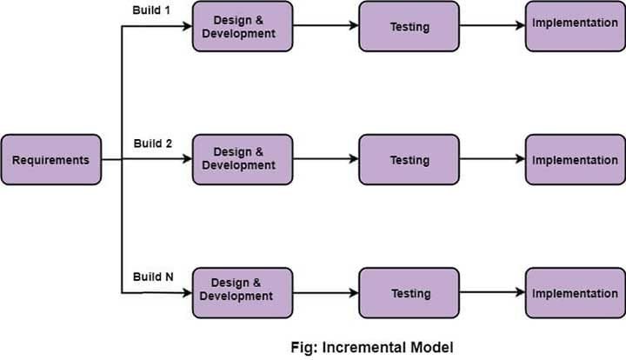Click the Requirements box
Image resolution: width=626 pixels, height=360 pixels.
[50, 160]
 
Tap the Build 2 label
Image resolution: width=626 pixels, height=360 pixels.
[154, 143]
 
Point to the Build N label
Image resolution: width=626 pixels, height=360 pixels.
[154, 277]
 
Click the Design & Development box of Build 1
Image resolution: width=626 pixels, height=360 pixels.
[243, 26]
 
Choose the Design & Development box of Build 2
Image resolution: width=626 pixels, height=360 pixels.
[243, 159]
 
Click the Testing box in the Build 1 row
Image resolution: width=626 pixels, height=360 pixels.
[409, 26]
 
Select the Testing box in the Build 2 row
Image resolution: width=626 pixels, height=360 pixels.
[409, 159]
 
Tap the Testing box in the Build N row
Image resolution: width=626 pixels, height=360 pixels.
[409, 294]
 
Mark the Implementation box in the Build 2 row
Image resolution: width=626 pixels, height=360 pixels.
[575, 159]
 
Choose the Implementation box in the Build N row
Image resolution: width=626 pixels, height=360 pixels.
[575, 294]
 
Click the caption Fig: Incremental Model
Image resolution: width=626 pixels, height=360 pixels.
[371, 347]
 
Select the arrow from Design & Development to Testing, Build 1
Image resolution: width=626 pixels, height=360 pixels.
[325, 26]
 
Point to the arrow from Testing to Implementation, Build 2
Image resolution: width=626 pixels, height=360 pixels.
[491, 159]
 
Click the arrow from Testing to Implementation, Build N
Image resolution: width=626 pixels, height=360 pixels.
[491, 294]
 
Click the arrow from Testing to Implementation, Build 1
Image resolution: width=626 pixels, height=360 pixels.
[491, 26]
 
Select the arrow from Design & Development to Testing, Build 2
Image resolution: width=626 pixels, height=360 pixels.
[325, 159]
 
